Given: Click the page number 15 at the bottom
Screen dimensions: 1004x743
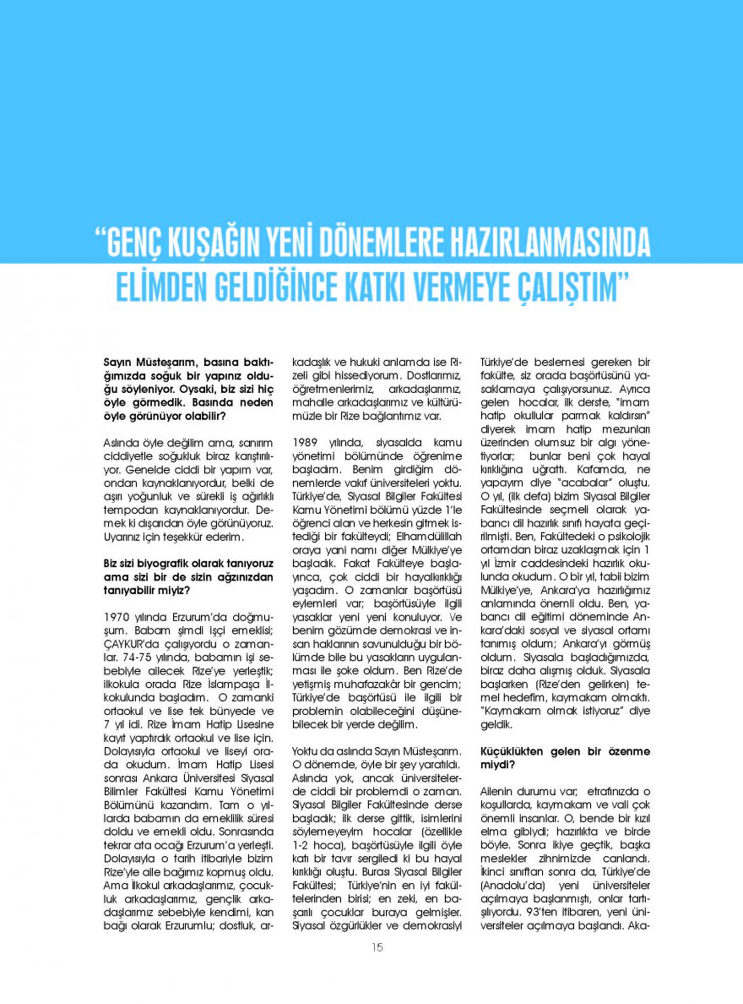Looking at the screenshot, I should [x=377, y=947].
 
